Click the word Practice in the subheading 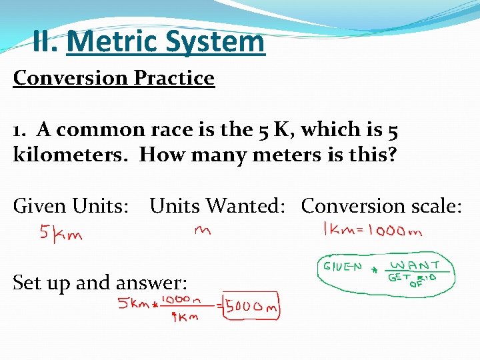click(x=174, y=78)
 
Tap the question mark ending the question click(x=391, y=155)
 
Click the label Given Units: click(x=71, y=206)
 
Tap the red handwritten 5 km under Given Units click(x=61, y=235)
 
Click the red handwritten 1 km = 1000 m click(x=372, y=230)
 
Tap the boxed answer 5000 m click(x=251, y=307)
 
